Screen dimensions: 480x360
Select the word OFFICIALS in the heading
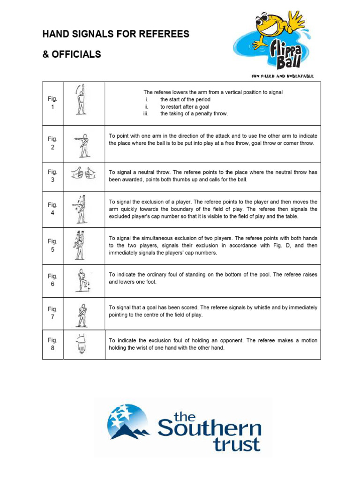75,54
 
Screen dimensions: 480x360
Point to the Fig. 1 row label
52,103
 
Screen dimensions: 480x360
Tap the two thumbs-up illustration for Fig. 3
83,174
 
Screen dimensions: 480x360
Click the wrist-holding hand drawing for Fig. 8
81,344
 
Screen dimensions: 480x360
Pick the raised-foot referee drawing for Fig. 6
83,280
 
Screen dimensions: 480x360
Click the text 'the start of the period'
185,100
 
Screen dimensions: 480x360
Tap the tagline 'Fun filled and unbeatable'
283,76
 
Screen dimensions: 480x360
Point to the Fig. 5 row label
52,245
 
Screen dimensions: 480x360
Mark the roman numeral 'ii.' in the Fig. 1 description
147,107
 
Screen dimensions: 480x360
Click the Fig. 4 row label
52,209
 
